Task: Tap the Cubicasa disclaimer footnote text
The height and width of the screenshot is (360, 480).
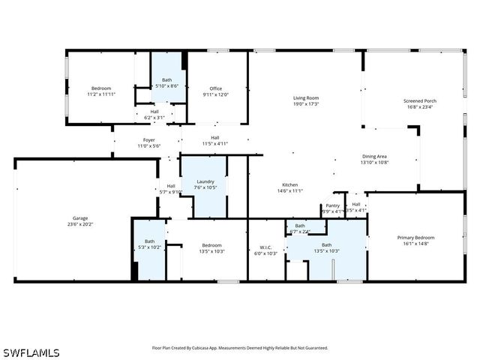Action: (x=240, y=348)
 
